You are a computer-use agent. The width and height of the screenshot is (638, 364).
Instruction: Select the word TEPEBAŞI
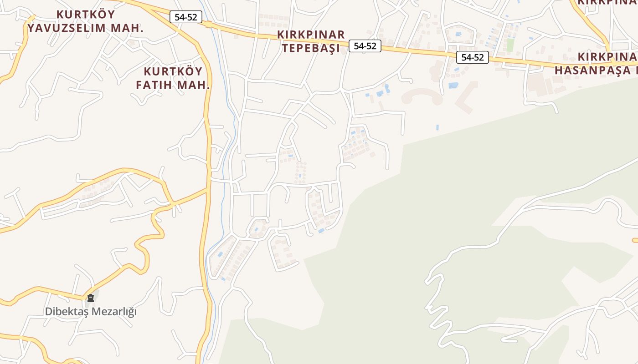pos(311,48)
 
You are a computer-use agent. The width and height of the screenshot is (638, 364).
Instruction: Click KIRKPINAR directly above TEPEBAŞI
pos(311,35)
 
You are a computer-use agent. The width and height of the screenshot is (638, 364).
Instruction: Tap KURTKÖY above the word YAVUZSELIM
pos(85,14)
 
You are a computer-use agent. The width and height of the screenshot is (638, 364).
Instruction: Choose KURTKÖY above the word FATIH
pos(173,71)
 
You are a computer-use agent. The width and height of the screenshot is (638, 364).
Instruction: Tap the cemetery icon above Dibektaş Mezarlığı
pos(91,298)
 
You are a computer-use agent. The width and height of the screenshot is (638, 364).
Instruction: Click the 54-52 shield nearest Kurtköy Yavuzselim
pos(186,17)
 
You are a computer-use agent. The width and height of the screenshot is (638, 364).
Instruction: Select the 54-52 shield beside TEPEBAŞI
pos(365,45)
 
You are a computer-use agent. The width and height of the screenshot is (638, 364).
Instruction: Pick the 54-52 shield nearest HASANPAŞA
pos(472,57)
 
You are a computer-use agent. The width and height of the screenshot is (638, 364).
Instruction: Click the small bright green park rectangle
pos(510,45)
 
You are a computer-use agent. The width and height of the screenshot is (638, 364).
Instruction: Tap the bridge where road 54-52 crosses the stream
pos(208,24)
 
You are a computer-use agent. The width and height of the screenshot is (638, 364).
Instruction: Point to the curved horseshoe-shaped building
pos(422,96)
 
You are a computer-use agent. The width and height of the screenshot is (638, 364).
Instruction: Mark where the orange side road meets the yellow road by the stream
pos(208,190)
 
